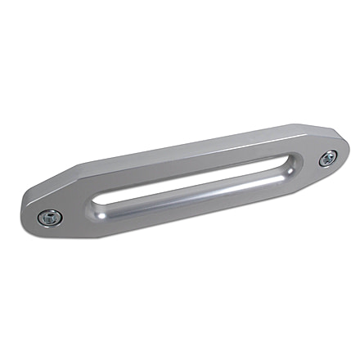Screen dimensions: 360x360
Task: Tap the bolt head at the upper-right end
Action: point(328,159)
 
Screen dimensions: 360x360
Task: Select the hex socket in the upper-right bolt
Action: point(328,159)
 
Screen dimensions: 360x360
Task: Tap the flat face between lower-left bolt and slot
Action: point(74,209)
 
